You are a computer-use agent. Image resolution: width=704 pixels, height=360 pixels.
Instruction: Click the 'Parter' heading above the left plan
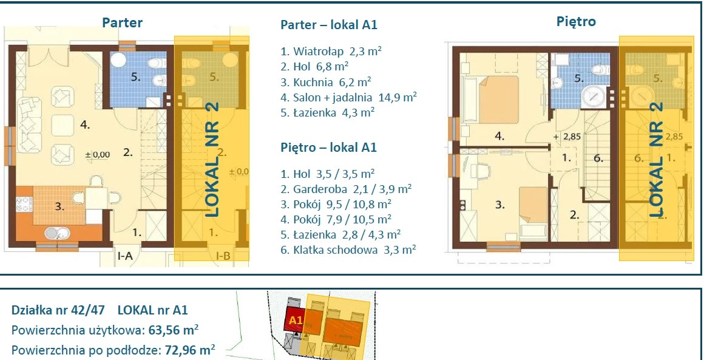tap(122, 22)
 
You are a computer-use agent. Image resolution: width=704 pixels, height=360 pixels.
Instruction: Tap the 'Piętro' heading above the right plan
tap(576, 21)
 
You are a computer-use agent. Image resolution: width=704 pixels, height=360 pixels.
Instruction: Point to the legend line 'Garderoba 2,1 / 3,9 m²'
tap(346, 189)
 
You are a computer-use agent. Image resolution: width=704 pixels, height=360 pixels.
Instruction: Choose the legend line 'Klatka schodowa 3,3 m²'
tap(348, 250)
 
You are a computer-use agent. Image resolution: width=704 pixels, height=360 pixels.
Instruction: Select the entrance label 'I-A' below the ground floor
tap(124, 256)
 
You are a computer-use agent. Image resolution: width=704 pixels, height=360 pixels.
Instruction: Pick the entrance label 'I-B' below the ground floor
tap(223, 256)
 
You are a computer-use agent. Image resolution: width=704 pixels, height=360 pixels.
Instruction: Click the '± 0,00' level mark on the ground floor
tap(98, 155)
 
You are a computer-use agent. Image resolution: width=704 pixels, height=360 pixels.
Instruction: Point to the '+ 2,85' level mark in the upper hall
tap(567, 137)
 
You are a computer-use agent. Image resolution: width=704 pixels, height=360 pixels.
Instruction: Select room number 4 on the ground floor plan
tap(85, 125)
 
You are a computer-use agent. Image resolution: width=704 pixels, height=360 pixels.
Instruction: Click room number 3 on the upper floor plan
tap(500, 205)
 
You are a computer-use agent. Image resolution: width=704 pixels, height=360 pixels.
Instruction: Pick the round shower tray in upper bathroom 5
tap(594, 97)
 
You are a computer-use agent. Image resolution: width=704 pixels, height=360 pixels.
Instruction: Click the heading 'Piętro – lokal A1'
tap(329, 148)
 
